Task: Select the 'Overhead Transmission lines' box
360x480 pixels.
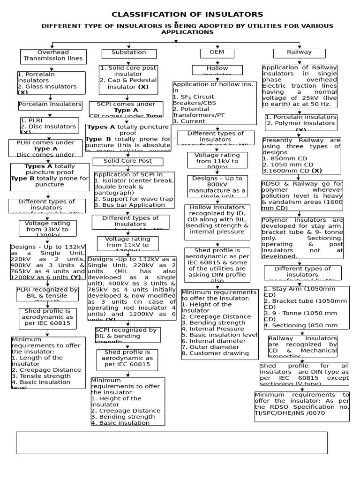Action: (53, 56)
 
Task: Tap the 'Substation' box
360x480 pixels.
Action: (129, 53)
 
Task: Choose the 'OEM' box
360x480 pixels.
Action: (217, 52)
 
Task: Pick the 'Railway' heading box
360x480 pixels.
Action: (299, 52)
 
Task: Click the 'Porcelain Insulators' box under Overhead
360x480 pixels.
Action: (50, 105)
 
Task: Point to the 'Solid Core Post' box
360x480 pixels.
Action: (128, 162)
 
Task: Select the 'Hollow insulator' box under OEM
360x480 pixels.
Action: (217, 70)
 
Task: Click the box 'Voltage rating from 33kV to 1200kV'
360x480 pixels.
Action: (47, 228)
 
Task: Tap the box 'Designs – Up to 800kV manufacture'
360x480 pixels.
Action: (217, 185)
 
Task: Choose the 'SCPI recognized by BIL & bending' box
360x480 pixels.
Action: (127, 335)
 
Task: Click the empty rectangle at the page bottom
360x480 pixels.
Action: (172, 442)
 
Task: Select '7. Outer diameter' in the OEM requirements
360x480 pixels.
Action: (207, 347)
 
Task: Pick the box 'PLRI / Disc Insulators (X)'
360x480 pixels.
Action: (49, 126)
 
